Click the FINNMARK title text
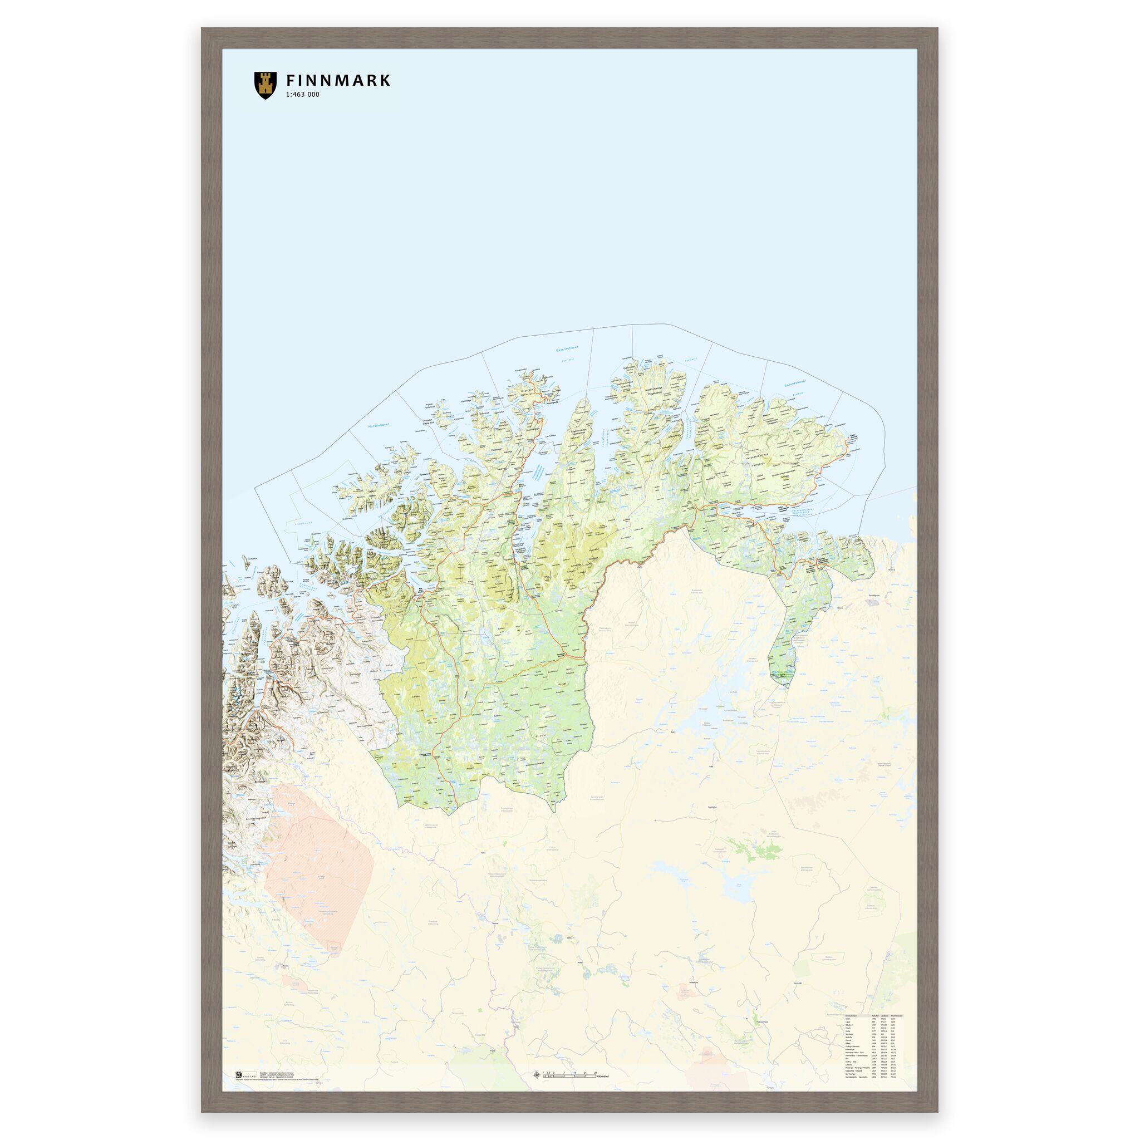coord(337,81)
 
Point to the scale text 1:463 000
coord(302,95)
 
